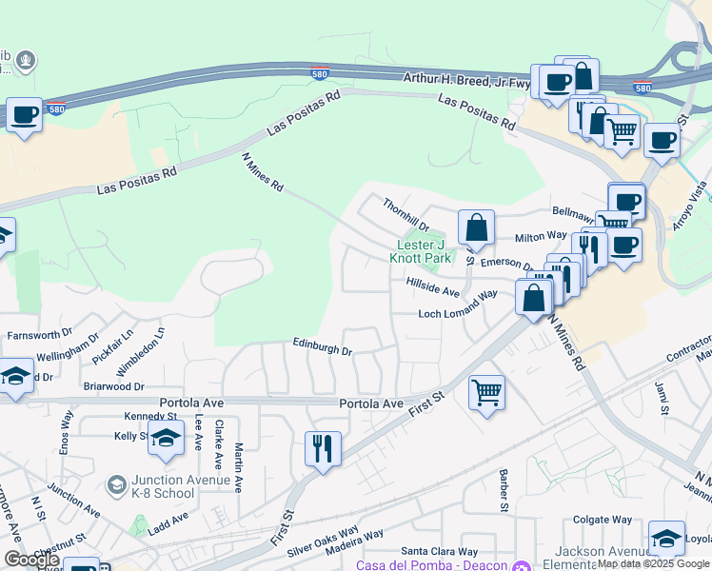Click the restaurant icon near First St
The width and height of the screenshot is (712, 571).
point(323,448)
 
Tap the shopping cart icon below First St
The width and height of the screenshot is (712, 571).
point(486,391)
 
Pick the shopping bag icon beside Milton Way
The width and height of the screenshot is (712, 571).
point(476,228)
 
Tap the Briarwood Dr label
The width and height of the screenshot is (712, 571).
point(113,387)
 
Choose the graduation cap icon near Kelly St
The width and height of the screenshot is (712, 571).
point(166,439)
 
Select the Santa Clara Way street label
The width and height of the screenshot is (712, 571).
point(439,551)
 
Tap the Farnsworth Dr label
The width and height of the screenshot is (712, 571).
point(39,335)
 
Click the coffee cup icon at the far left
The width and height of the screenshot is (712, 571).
point(25,115)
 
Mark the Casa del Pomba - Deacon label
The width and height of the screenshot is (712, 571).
point(433,565)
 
